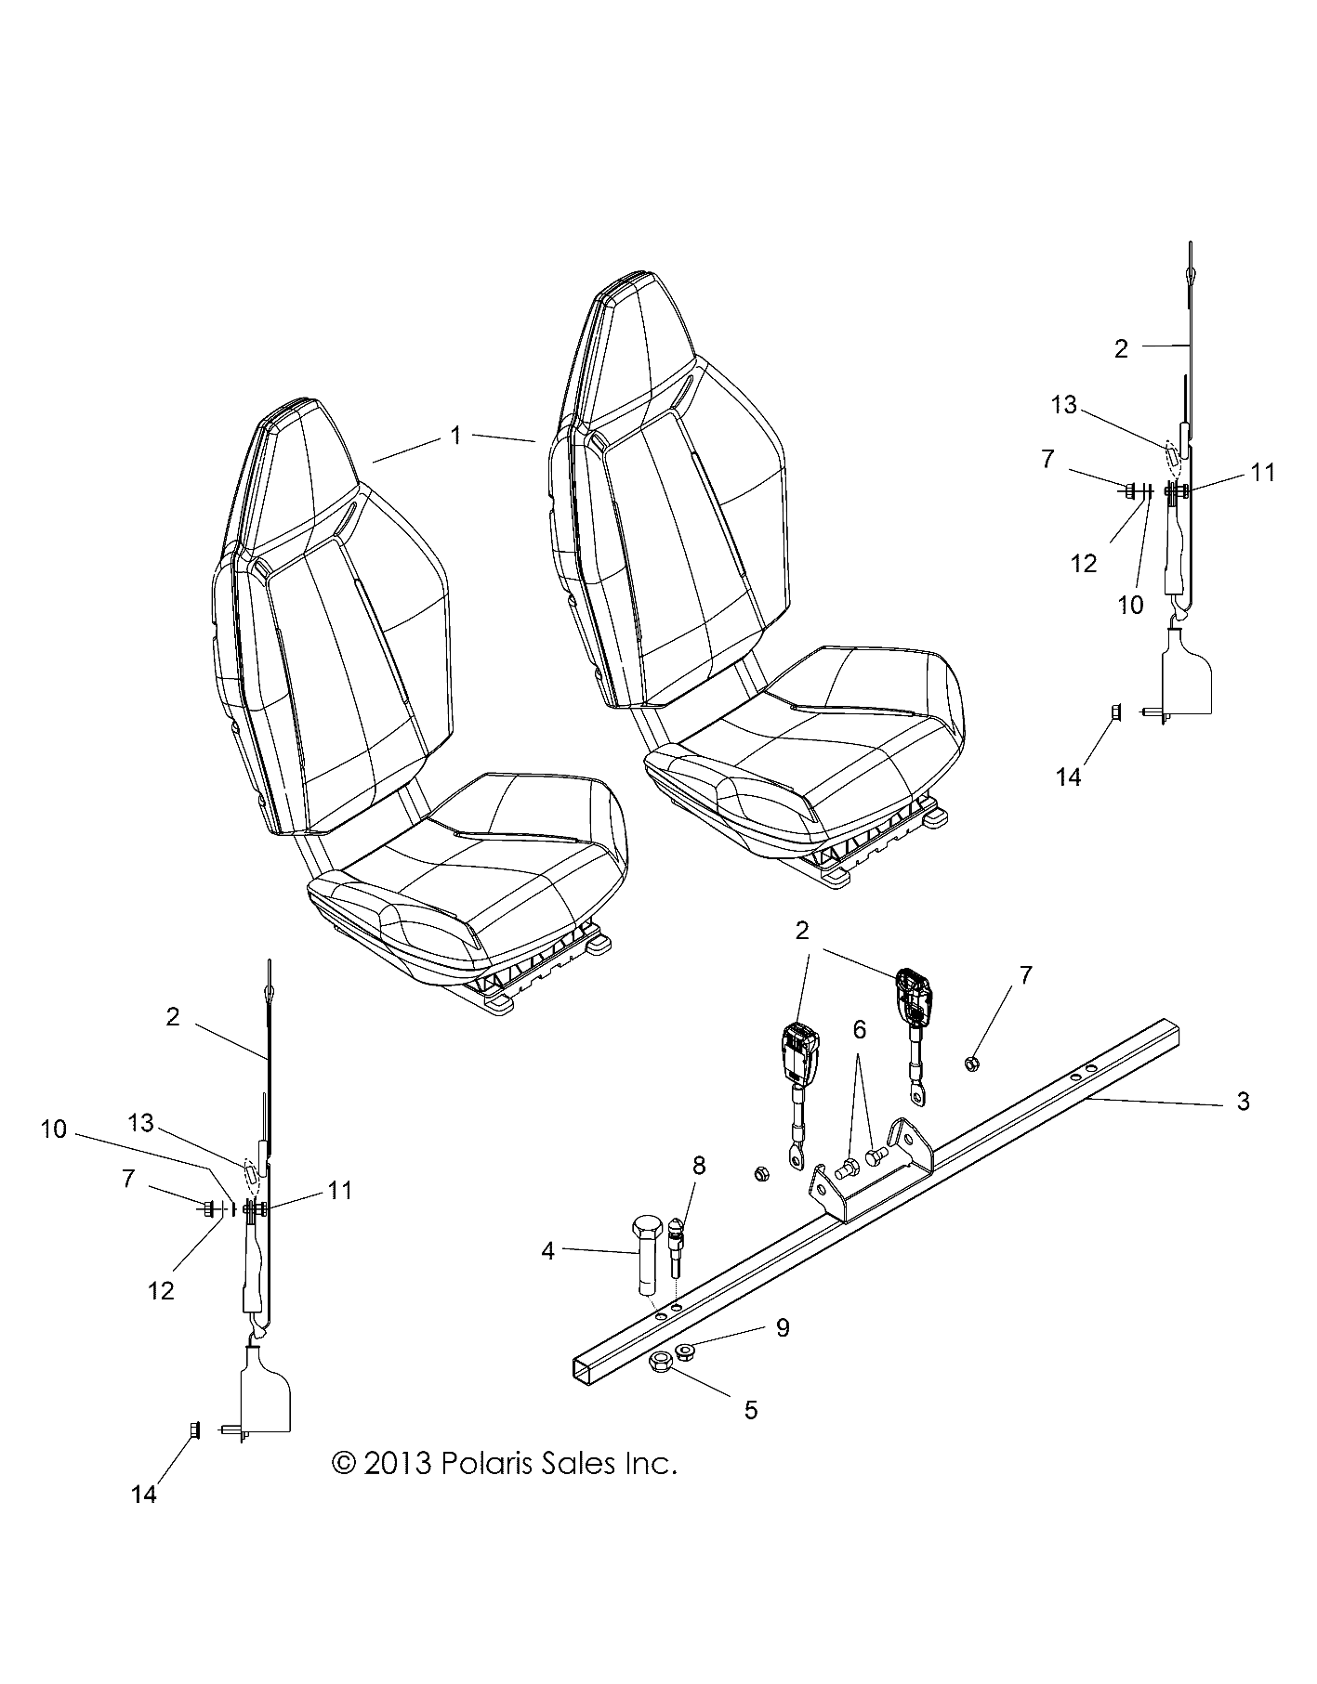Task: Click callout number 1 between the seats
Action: pos(455,435)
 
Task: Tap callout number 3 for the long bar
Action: pos(1244,1102)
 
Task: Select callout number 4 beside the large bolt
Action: pos(548,1251)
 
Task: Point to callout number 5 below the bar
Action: pos(751,1410)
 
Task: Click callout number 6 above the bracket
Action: pos(860,1029)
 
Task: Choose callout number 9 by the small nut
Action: pos(783,1328)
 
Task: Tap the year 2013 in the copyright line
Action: pos(398,1464)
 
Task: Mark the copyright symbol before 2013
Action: pos(344,1464)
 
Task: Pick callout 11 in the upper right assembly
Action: pos(1262,473)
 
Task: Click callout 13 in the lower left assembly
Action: pos(140,1124)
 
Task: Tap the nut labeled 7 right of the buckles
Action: pos(970,1063)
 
